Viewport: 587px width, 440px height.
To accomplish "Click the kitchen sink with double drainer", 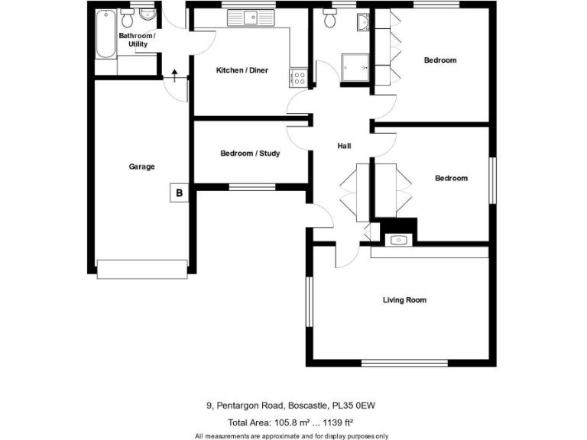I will click(250, 18).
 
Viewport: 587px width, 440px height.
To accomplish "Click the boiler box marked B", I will click(179, 193).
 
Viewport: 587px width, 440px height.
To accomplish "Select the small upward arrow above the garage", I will click(174, 74).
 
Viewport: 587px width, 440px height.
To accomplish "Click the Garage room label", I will click(141, 167).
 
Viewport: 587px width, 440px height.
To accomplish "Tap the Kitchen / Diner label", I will click(242, 70).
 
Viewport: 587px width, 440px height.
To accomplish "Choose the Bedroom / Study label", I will click(250, 154).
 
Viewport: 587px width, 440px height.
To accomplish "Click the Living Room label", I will click(404, 300).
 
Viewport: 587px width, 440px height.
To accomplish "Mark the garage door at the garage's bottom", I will click(142, 269).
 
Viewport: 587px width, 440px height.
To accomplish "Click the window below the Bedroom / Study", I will click(252, 186).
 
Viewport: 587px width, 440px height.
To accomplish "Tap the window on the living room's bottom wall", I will click(404, 363).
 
